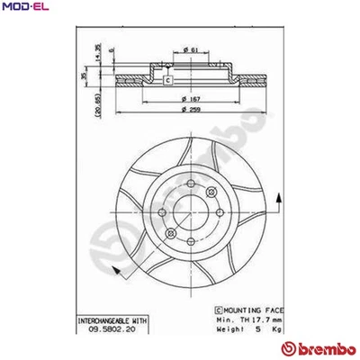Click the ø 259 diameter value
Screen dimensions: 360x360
click(x=188, y=109)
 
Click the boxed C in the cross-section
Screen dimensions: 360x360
click(x=167, y=81)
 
